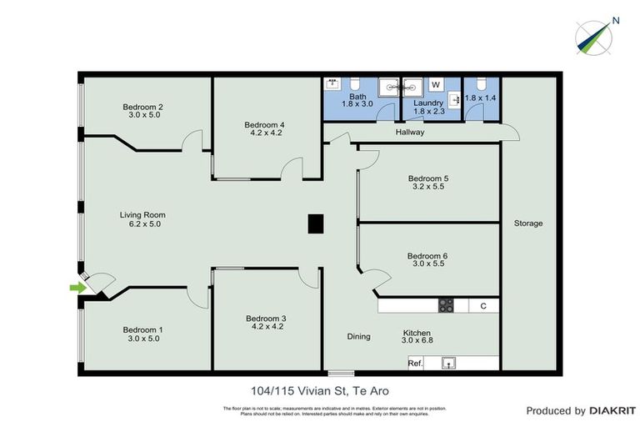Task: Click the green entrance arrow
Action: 77,288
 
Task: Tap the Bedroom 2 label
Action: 142,106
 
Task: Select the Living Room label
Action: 142,214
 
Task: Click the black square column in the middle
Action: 316,224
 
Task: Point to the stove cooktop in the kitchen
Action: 446,305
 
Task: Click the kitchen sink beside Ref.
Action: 449,363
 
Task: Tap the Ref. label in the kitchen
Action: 416,363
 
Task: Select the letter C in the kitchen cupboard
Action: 483,305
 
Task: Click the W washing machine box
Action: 435,84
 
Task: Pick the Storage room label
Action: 528,224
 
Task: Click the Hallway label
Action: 410,132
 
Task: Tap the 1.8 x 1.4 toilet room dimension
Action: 480,98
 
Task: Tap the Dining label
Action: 358,336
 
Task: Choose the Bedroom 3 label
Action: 266,319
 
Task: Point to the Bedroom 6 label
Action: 427,256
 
